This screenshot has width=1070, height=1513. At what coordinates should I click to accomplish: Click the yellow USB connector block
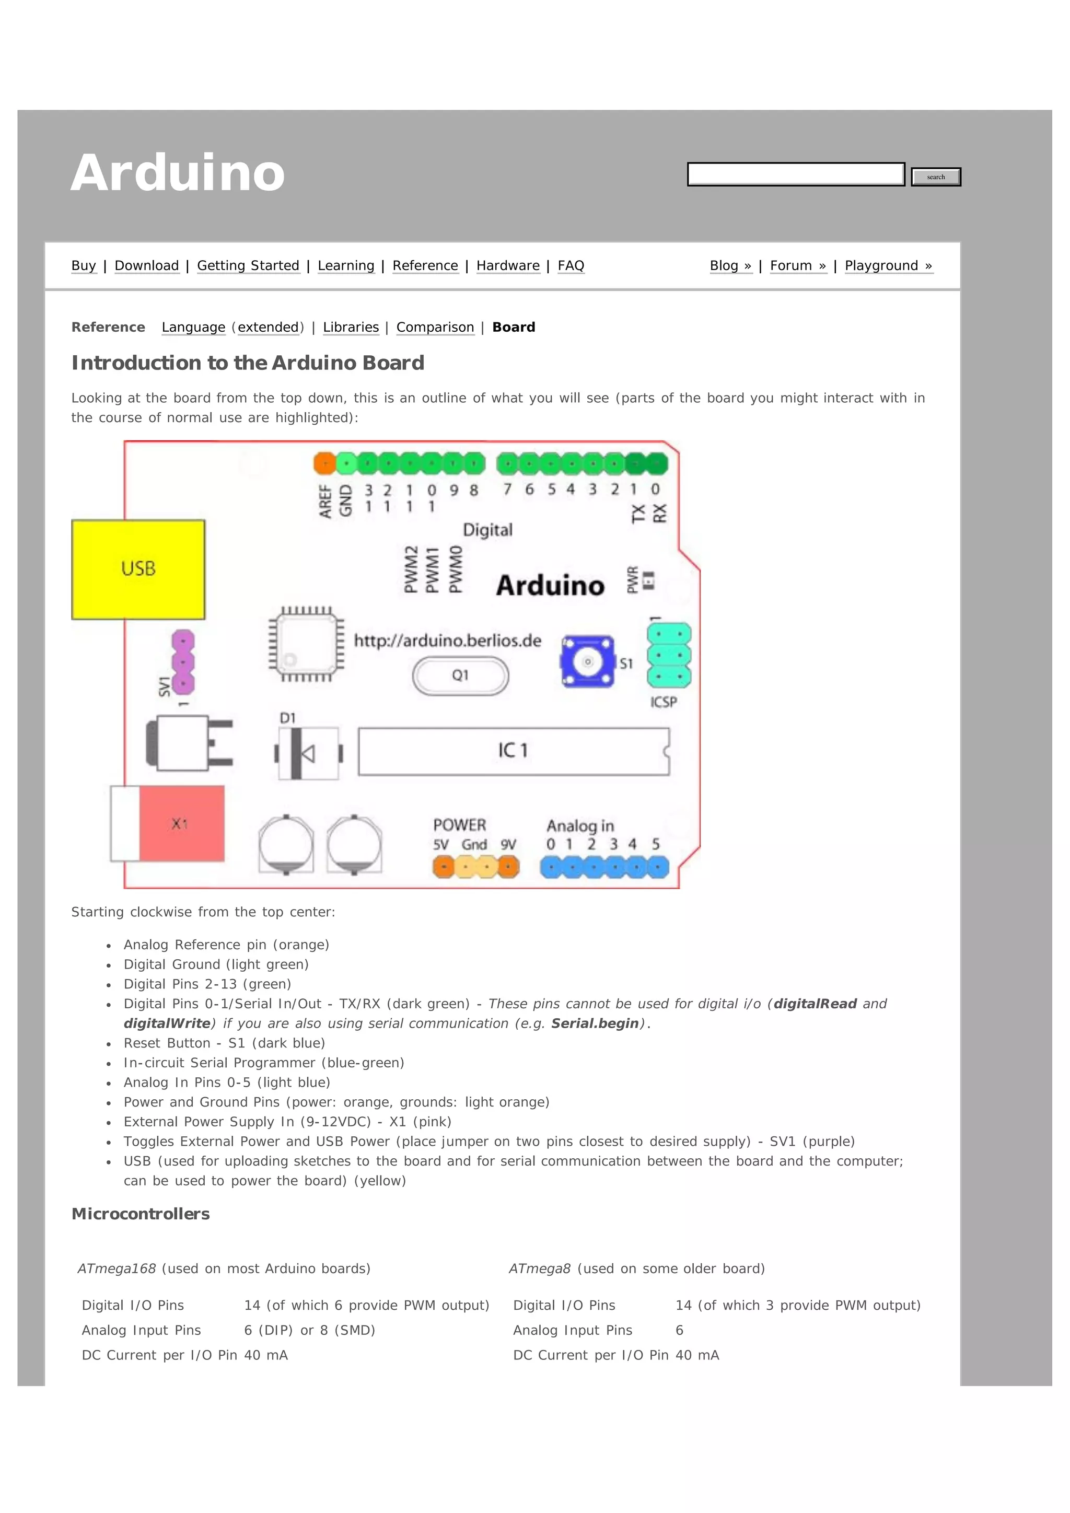138,569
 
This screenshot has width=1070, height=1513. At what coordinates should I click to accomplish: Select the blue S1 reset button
588,661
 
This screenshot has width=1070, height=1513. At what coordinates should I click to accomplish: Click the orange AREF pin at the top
324,463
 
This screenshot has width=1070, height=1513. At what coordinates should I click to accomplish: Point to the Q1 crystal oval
460,676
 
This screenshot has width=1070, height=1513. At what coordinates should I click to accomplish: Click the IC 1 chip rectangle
513,751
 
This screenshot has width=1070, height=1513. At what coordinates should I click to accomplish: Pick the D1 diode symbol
308,753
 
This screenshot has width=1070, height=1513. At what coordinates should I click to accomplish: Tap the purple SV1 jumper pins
182,661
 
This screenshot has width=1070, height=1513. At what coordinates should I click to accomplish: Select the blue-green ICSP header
669,656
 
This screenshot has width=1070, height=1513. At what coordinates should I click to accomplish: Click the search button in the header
936,177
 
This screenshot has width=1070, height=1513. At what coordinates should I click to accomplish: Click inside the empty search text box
795,174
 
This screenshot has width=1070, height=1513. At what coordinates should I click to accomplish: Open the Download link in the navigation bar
146,265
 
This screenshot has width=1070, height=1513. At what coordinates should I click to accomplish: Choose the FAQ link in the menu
571,265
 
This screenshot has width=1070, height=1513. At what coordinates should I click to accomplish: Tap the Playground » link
888,265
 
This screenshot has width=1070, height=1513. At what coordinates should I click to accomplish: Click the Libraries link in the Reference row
351,328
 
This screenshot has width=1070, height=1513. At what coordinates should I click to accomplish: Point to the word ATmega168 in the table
117,1268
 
